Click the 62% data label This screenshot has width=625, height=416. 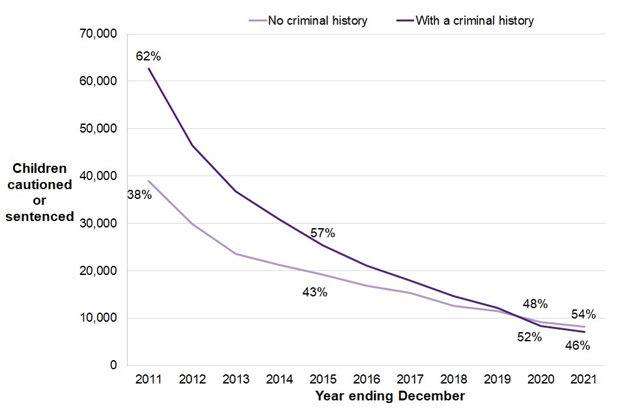coord(148,57)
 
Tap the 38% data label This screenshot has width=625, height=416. coord(139,194)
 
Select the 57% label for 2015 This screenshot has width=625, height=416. coord(322,233)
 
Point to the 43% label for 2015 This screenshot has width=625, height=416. coord(314,292)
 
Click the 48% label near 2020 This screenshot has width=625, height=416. coord(535,304)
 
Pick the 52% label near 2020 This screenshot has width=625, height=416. coord(529,337)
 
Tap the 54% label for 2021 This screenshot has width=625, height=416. coord(583,314)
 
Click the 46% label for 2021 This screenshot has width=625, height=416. coord(577,346)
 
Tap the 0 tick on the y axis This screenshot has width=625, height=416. coord(113,365)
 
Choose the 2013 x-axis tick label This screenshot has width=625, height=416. coord(236,379)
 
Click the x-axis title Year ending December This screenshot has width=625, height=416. coord(390,396)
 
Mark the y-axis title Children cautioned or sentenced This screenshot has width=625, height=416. coord(40,192)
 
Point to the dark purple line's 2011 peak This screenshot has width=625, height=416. coord(149,68)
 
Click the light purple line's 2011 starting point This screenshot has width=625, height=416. coord(149,181)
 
